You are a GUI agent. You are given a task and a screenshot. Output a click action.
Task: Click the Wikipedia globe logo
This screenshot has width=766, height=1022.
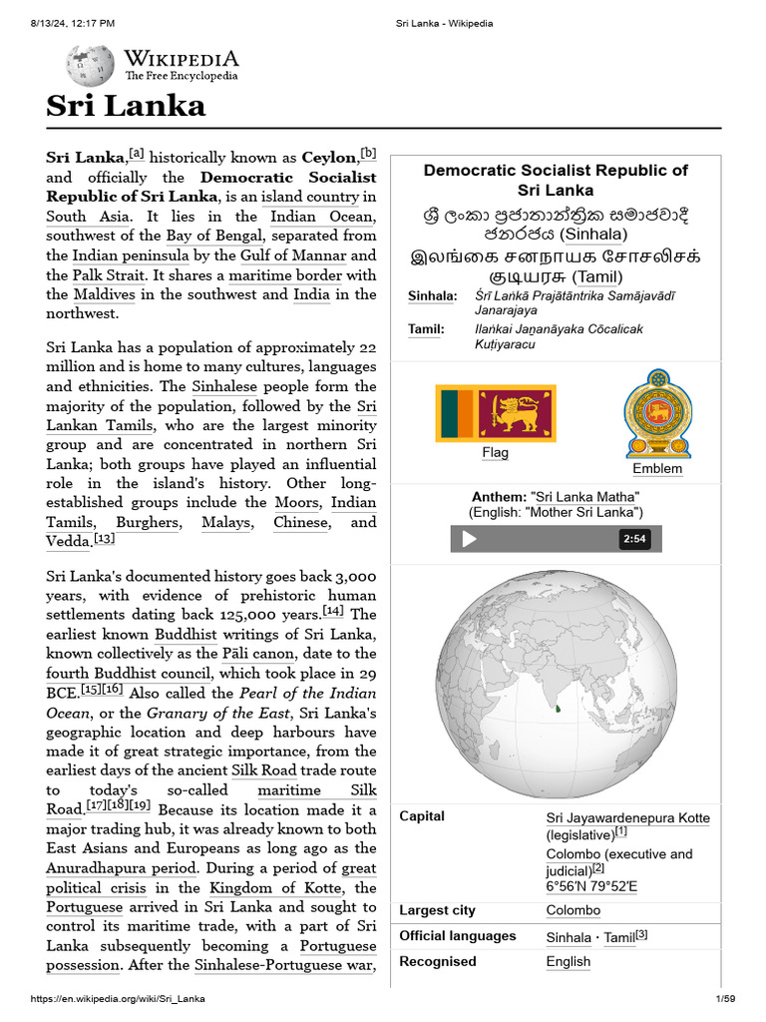pyautogui.click(x=90, y=66)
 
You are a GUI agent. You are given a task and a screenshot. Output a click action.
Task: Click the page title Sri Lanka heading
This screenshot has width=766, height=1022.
pyautogui.click(x=126, y=106)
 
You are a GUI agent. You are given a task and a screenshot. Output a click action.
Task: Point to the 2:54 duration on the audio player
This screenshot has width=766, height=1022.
pyautogui.click(x=634, y=539)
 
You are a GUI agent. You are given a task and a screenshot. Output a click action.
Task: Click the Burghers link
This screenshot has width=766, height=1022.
pyautogui.click(x=148, y=522)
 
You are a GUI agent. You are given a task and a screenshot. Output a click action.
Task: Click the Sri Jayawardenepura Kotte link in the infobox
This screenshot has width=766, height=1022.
pyautogui.click(x=627, y=817)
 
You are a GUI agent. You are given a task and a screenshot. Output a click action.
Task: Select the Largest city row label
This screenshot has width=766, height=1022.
pyautogui.click(x=437, y=910)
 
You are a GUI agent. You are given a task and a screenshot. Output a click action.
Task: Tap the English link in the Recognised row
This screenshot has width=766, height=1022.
pyautogui.click(x=568, y=962)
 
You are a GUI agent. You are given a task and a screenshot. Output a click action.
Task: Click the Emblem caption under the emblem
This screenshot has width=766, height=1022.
pyautogui.click(x=657, y=469)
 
